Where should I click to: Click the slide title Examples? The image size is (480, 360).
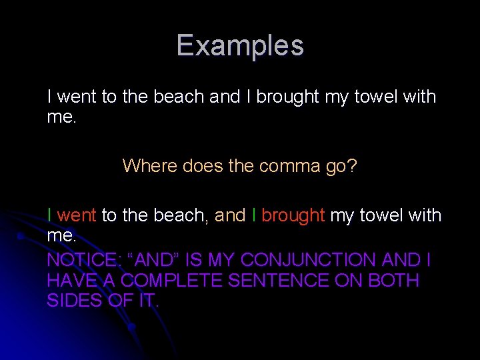point(240,46)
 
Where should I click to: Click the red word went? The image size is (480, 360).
point(77,215)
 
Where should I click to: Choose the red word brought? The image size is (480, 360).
point(293,215)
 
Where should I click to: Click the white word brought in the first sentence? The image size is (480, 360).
point(288,97)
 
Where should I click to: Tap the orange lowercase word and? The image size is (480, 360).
point(230,215)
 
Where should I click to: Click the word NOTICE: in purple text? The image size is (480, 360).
point(81,260)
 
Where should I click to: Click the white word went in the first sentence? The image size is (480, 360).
point(77,97)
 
